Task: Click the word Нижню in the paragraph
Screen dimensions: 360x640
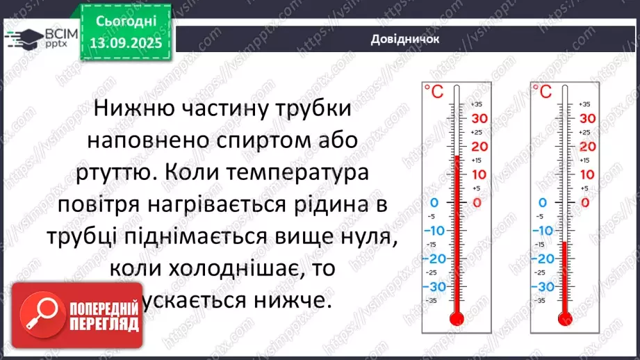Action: coord(130,109)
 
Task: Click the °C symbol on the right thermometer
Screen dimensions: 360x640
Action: coord(541,91)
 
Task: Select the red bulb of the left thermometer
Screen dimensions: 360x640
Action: coord(456,318)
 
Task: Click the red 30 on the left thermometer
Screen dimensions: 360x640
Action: coord(480,118)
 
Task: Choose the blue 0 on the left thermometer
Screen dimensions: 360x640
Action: coord(435,203)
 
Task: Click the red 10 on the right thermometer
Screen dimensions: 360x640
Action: coord(587,174)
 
